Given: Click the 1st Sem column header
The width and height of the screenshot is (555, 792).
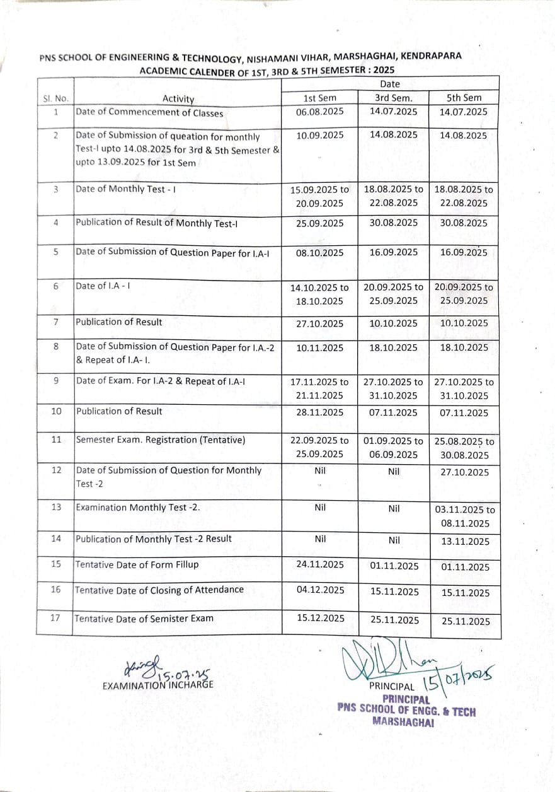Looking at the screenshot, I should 320,98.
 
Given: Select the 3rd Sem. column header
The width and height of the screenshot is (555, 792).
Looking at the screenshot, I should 394,98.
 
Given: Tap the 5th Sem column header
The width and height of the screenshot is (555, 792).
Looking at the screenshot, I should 464,98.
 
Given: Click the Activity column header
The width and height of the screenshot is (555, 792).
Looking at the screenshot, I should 178,98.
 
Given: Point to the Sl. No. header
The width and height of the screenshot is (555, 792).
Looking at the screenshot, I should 55,98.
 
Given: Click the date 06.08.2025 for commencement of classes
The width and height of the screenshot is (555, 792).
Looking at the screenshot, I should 320,112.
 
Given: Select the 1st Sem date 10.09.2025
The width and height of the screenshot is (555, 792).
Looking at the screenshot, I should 320,135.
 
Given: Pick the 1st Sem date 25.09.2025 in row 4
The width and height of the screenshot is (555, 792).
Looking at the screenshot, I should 320,223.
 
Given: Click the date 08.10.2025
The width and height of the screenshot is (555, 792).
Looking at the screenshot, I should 320,252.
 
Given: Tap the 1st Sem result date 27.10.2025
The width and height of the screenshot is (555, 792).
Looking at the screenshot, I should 320,323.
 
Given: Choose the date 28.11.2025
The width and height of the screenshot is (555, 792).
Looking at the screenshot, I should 320,412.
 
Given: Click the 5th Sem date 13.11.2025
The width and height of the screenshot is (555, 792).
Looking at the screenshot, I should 465,542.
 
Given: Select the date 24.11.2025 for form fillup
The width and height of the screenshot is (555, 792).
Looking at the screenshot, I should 320,564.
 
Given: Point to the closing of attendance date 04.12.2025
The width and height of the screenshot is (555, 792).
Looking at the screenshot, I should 321,590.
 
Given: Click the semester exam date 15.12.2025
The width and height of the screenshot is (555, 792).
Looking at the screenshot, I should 321,619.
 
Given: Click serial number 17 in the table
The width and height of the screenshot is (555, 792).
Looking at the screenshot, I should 55,618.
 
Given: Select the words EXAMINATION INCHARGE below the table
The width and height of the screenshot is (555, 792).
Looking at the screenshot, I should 157,684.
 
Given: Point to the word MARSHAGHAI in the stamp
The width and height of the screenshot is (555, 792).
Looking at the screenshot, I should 403,723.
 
